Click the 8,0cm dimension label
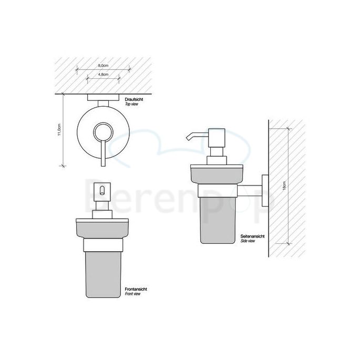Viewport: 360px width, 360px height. (103, 65)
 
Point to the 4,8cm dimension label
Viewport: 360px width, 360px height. (103, 75)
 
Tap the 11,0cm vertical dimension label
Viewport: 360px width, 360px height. (60, 130)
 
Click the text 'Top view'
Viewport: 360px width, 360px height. (131, 105)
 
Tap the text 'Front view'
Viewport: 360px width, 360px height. (133, 294)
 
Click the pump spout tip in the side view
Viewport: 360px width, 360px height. (186, 139)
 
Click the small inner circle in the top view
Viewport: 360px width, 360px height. (102, 131)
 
